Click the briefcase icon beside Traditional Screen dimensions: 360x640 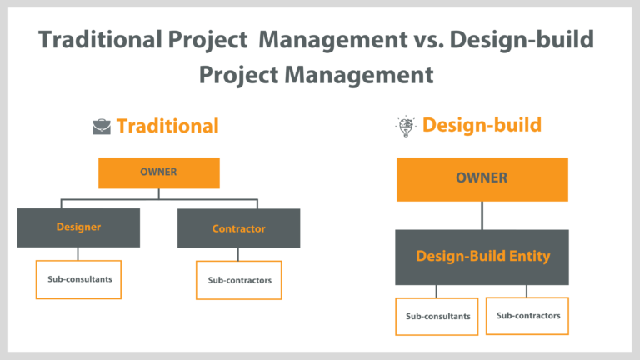tap(101, 127)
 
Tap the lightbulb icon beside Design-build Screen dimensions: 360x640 tap(405, 126)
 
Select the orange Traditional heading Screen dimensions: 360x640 tap(167, 126)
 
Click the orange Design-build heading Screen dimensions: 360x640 tap(482, 125)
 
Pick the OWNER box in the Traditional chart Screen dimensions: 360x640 tap(159, 173)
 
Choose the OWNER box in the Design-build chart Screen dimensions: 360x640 tap(482, 178)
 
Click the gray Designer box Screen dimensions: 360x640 tap(78, 227)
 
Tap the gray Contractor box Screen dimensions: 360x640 tap(238, 227)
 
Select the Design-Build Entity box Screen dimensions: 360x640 tap(482, 257)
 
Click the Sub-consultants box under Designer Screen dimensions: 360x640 tap(78, 280)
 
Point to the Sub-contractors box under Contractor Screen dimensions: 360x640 tap(239, 280)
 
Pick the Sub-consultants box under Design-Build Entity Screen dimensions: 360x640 tap(437, 316)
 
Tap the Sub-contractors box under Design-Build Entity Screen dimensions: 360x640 tap(527, 315)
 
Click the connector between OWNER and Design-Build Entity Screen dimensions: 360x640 tap(482, 215)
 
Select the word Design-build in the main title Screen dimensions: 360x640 tap(526, 40)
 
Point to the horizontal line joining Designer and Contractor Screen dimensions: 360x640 tap(159, 199)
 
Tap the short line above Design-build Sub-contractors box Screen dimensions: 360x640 tap(527, 291)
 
